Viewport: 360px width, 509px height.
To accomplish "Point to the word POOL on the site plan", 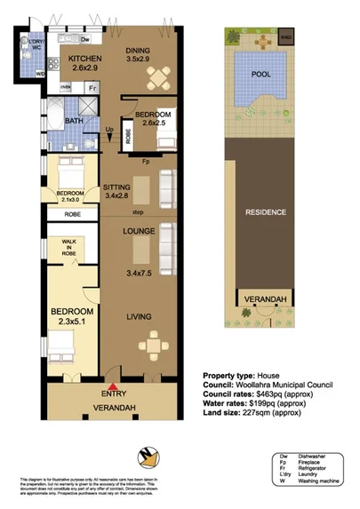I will coord(261,75).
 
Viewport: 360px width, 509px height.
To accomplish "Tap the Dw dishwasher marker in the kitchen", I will coord(84,40).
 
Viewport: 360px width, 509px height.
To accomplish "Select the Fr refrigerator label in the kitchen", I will coord(92,87).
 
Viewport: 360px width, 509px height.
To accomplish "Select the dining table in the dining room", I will coord(156,80).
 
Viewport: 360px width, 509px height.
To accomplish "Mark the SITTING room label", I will coord(117,187).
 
